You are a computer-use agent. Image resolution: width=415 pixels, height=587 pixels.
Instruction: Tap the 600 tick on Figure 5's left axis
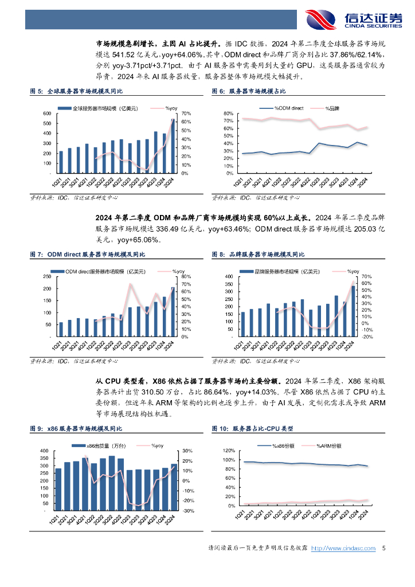(x=47, y=114)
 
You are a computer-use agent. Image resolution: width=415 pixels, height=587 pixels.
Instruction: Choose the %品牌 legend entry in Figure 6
(x=332, y=107)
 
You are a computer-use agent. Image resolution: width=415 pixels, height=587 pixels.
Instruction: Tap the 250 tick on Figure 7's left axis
(x=47, y=277)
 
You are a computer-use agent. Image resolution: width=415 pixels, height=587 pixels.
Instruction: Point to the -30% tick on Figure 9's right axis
(x=186, y=510)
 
